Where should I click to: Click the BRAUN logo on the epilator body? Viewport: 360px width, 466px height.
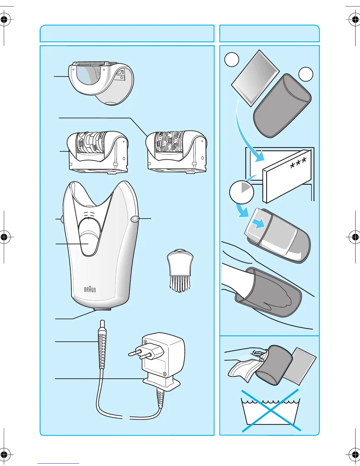pos(90,289)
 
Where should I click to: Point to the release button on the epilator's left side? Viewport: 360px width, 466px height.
pos(62,219)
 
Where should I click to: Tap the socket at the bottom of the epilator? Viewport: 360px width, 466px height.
pos(102,309)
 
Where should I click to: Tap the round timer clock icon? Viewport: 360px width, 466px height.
pos(241,192)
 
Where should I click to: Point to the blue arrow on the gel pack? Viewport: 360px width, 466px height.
pos(259,224)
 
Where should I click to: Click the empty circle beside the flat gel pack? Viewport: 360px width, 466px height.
pos(232,59)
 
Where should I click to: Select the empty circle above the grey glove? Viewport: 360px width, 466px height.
pos(306,74)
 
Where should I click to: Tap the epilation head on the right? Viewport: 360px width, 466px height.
pos(176,152)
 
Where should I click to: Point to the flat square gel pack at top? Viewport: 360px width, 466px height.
pos(255,78)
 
